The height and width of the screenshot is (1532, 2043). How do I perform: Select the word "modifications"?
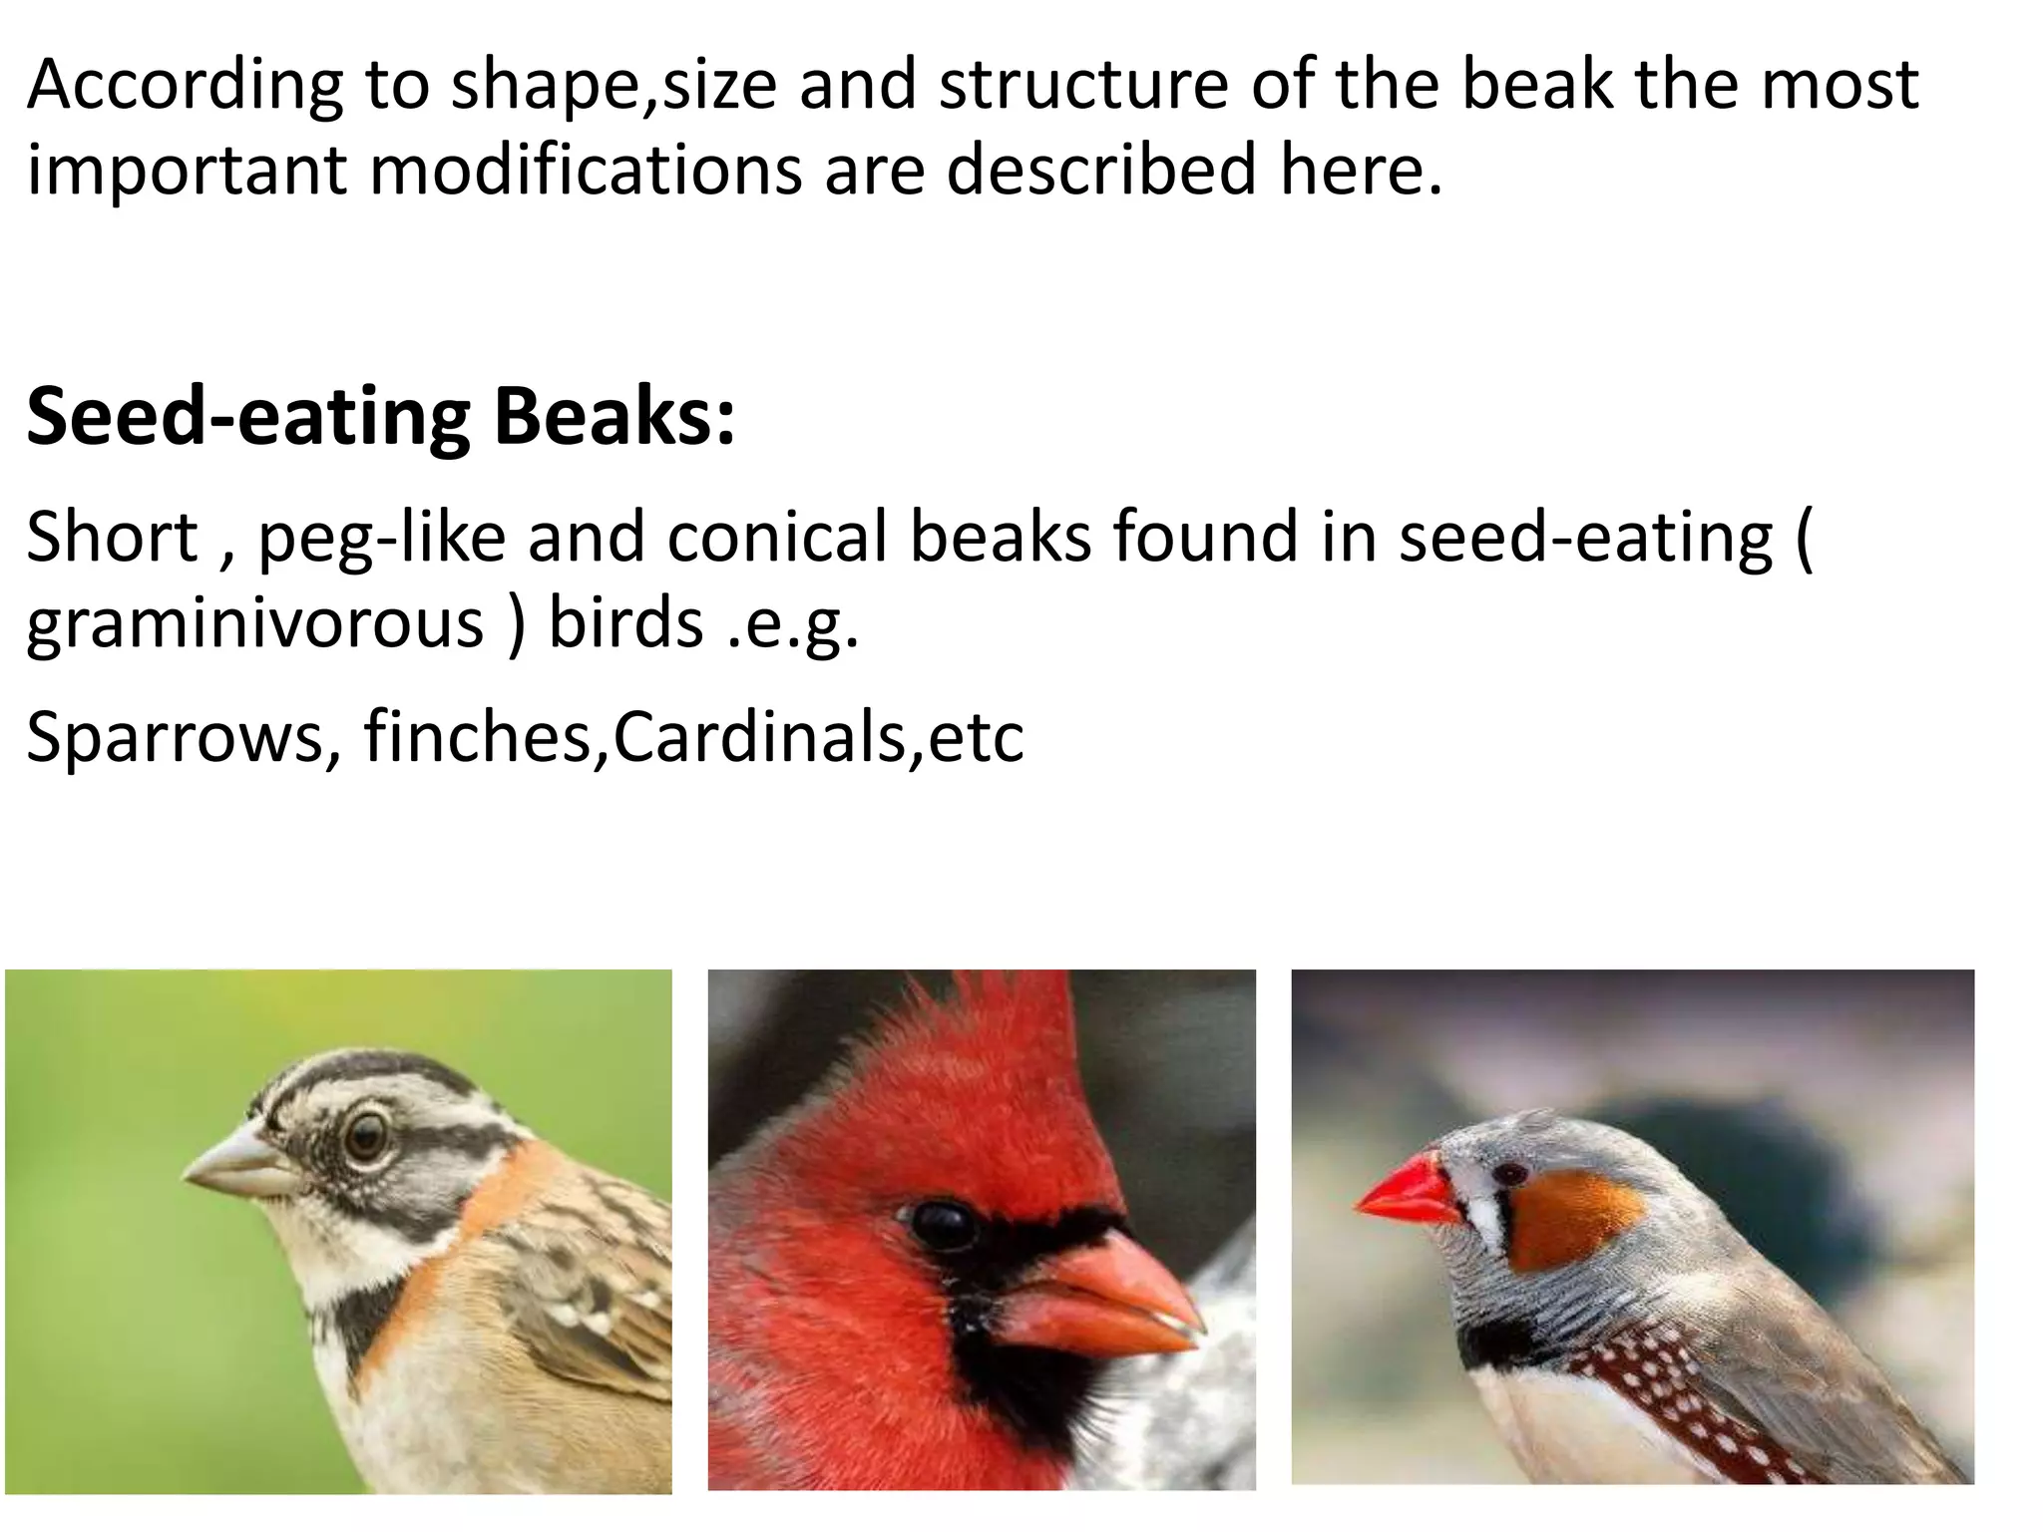pyautogui.click(x=586, y=170)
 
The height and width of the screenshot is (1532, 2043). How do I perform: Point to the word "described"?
pyautogui.click(x=1100, y=170)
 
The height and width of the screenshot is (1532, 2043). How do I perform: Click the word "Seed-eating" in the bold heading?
pyautogui.click(x=248, y=417)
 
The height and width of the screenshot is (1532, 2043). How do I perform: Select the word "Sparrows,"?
pyautogui.click(x=184, y=738)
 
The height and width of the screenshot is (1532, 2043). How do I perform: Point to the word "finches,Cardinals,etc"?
pyautogui.click(x=693, y=738)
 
